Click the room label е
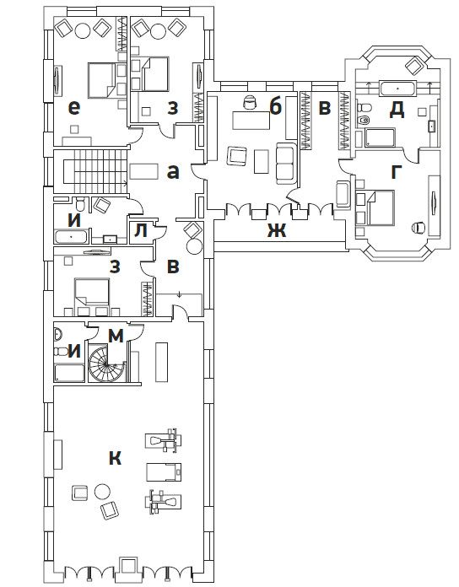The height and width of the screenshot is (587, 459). [74, 108]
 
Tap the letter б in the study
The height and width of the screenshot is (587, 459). [275, 107]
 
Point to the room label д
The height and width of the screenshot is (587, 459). [397, 110]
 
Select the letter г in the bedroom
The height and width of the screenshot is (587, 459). [397, 173]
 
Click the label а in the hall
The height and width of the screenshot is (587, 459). [173, 172]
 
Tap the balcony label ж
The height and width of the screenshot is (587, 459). [277, 230]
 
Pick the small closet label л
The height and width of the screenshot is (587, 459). [141, 231]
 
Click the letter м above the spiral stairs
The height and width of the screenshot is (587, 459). [116, 336]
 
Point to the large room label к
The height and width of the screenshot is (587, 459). [115, 457]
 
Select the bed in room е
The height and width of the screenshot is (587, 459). [101, 80]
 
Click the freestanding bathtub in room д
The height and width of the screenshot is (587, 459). [398, 89]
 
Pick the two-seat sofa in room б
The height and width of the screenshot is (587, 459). [286, 164]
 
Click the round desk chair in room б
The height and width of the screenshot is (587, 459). [249, 102]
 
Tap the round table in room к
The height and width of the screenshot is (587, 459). [102, 491]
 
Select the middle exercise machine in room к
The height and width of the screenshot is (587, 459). [163, 471]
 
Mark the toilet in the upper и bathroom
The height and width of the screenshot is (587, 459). [80, 204]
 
